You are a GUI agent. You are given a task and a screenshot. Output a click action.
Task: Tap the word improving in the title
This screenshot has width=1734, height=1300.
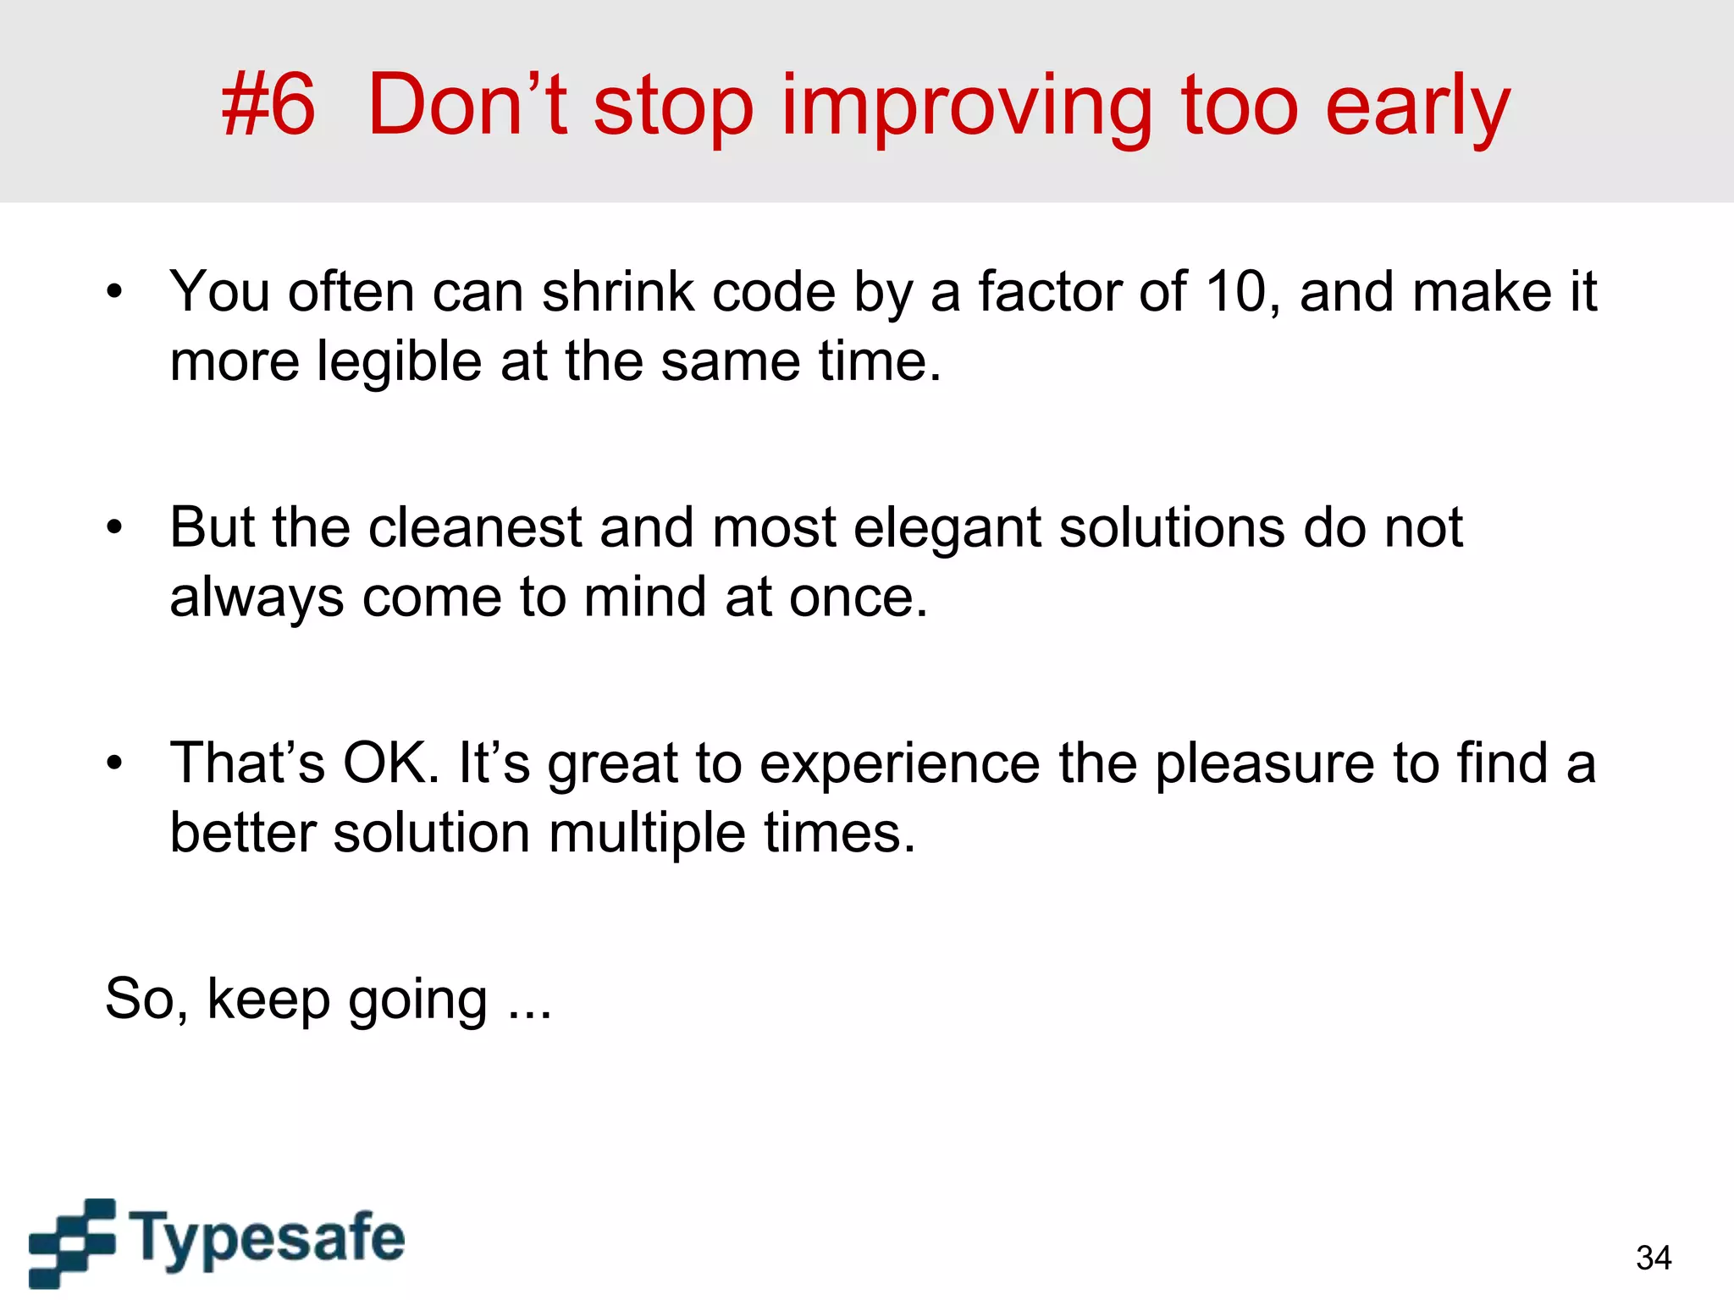[966, 108]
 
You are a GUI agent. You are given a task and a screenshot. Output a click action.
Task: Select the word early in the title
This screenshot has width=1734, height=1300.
[1417, 108]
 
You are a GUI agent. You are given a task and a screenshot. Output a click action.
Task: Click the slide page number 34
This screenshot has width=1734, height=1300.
[1654, 1258]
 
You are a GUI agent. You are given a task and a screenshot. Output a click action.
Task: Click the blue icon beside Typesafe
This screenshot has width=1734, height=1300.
[72, 1242]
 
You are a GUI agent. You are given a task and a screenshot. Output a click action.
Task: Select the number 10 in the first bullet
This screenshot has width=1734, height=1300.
[1240, 292]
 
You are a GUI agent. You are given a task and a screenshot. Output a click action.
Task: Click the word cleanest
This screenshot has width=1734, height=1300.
[474, 528]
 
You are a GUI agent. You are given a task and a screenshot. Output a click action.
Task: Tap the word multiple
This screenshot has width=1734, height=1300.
[648, 835]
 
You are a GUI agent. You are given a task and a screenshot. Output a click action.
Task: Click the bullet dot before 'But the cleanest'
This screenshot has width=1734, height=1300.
[115, 528]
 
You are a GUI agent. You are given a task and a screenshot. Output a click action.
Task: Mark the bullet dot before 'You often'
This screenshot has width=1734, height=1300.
[115, 293]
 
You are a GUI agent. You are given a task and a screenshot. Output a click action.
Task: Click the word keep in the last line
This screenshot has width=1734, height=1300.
[268, 1000]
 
